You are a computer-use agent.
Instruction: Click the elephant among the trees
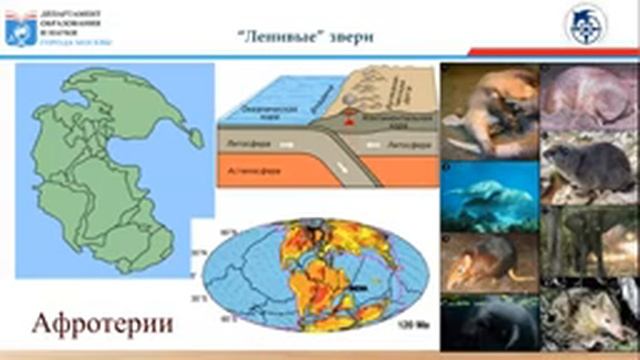click(588, 240)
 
